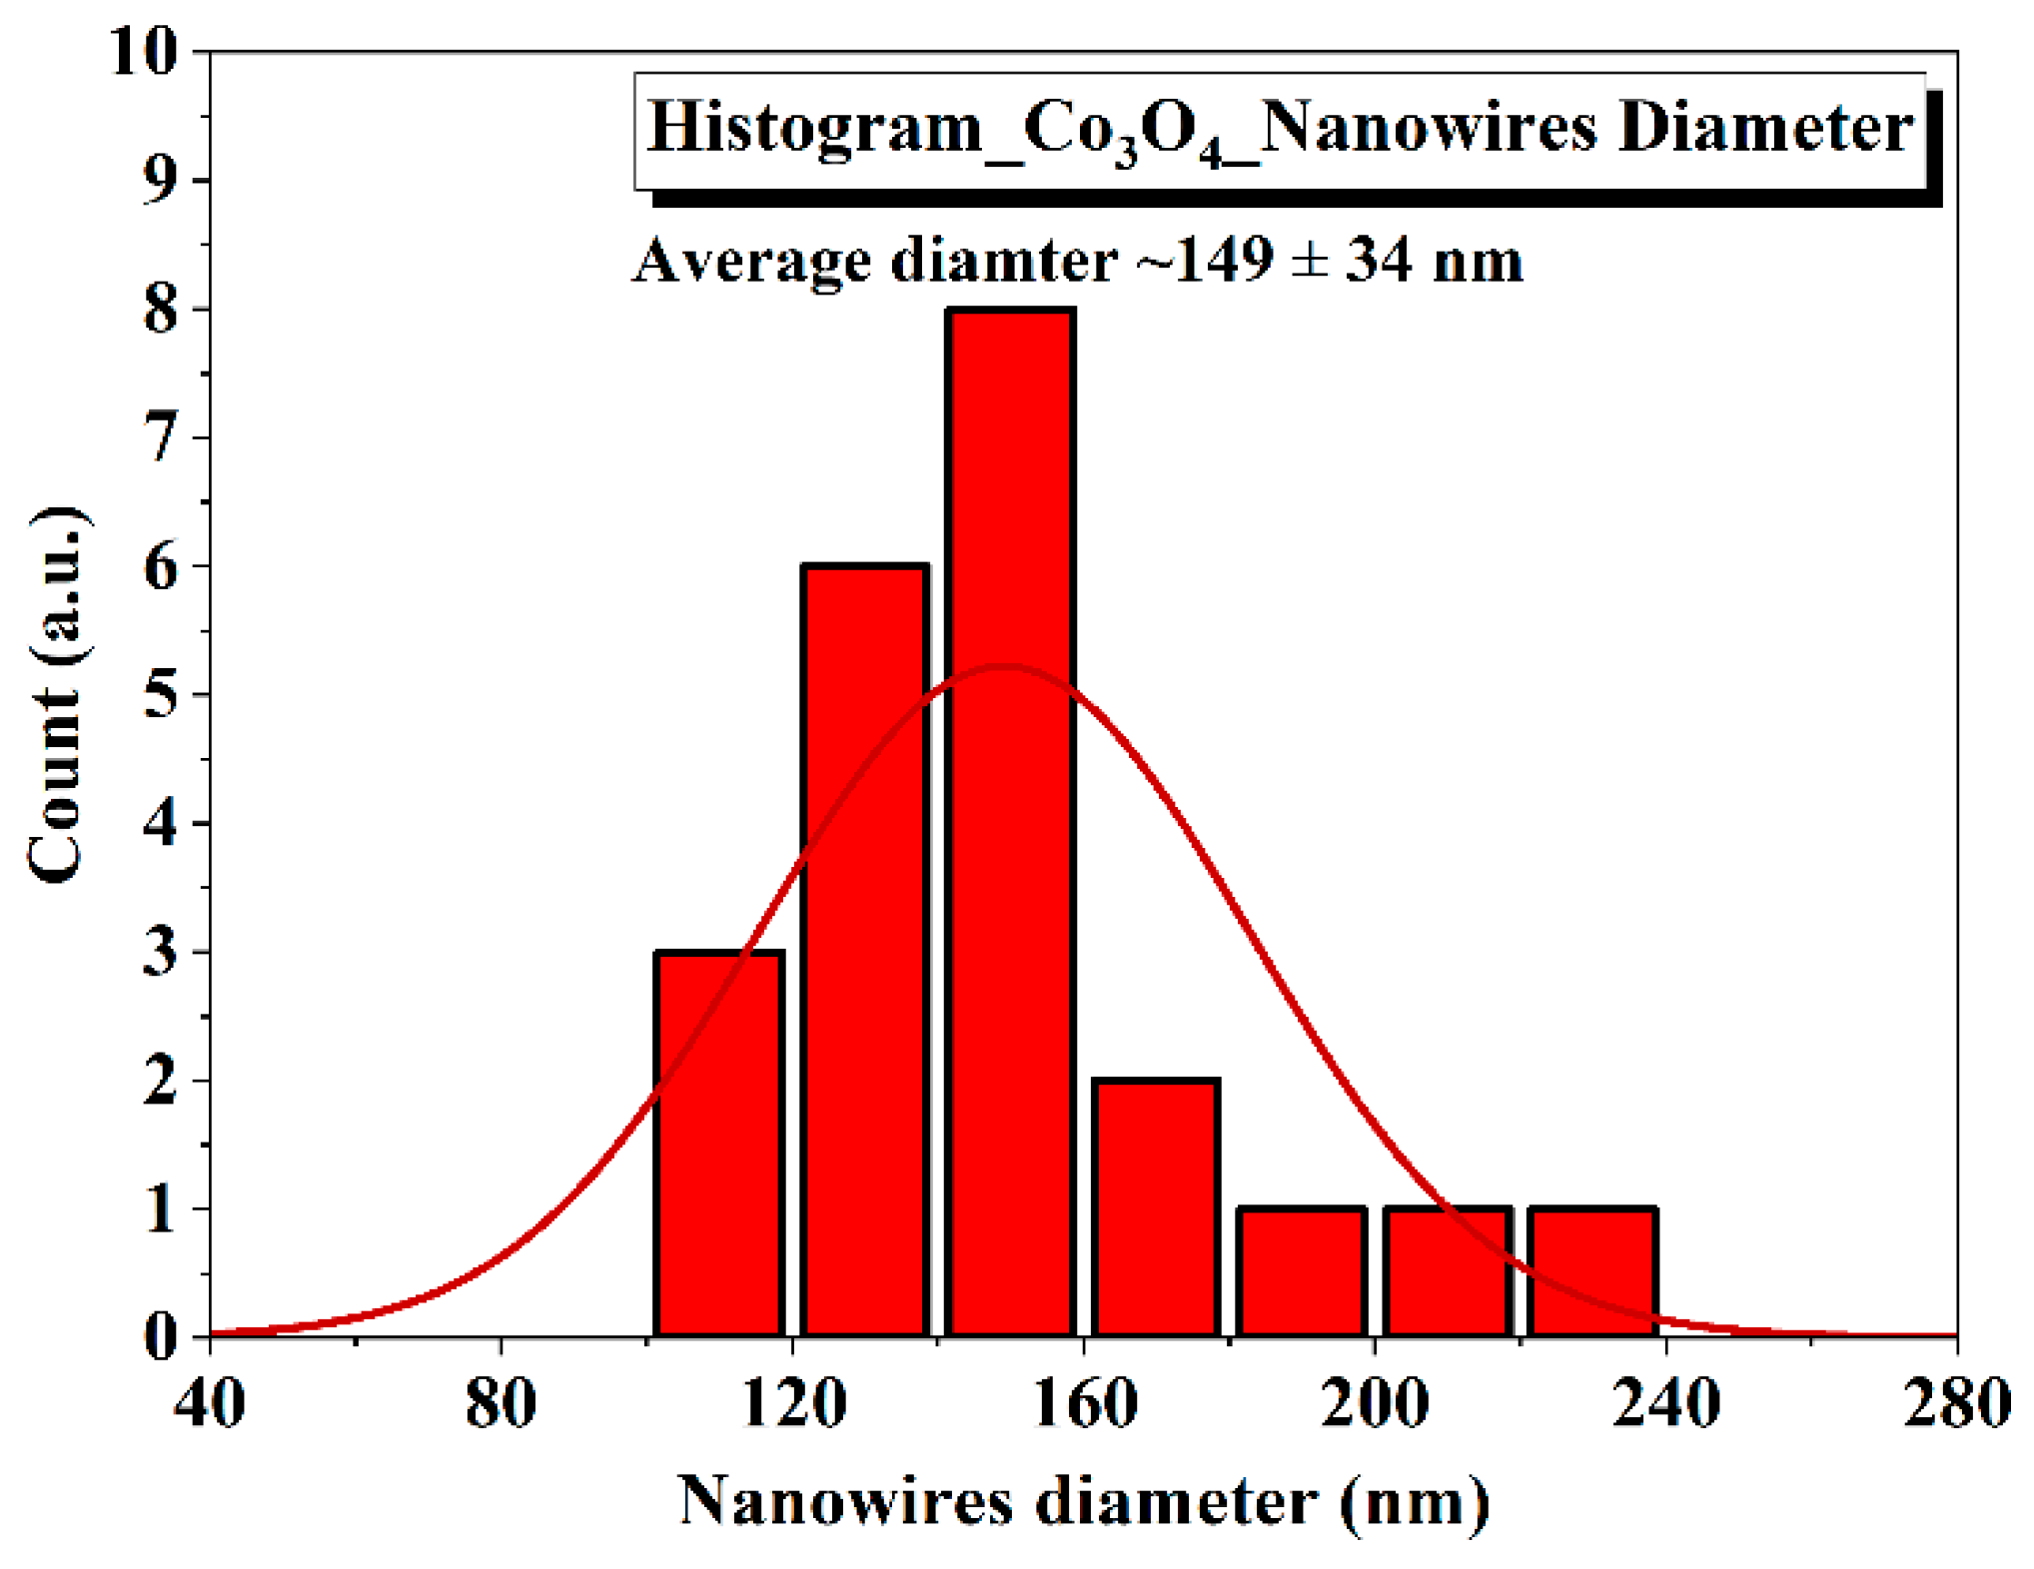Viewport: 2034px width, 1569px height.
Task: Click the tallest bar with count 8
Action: (x=1011, y=819)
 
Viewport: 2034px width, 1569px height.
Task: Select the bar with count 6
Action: (x=865, y=949)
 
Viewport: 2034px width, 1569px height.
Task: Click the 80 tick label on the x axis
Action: (x=501, y=1403)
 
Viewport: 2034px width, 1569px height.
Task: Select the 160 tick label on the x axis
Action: (x=1083, y=1403)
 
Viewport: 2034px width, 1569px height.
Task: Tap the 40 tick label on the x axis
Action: (x=210, y=1403)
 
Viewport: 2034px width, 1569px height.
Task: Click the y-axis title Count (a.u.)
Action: (x=58, y=694)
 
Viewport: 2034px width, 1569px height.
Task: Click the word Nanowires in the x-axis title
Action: (x=845, y=1501)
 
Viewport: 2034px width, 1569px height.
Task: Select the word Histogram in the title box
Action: (x=815, y=128)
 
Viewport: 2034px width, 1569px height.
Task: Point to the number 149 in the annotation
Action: (x=1225, y=260)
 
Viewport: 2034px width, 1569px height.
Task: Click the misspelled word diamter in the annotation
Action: (x=1003, y=260)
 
